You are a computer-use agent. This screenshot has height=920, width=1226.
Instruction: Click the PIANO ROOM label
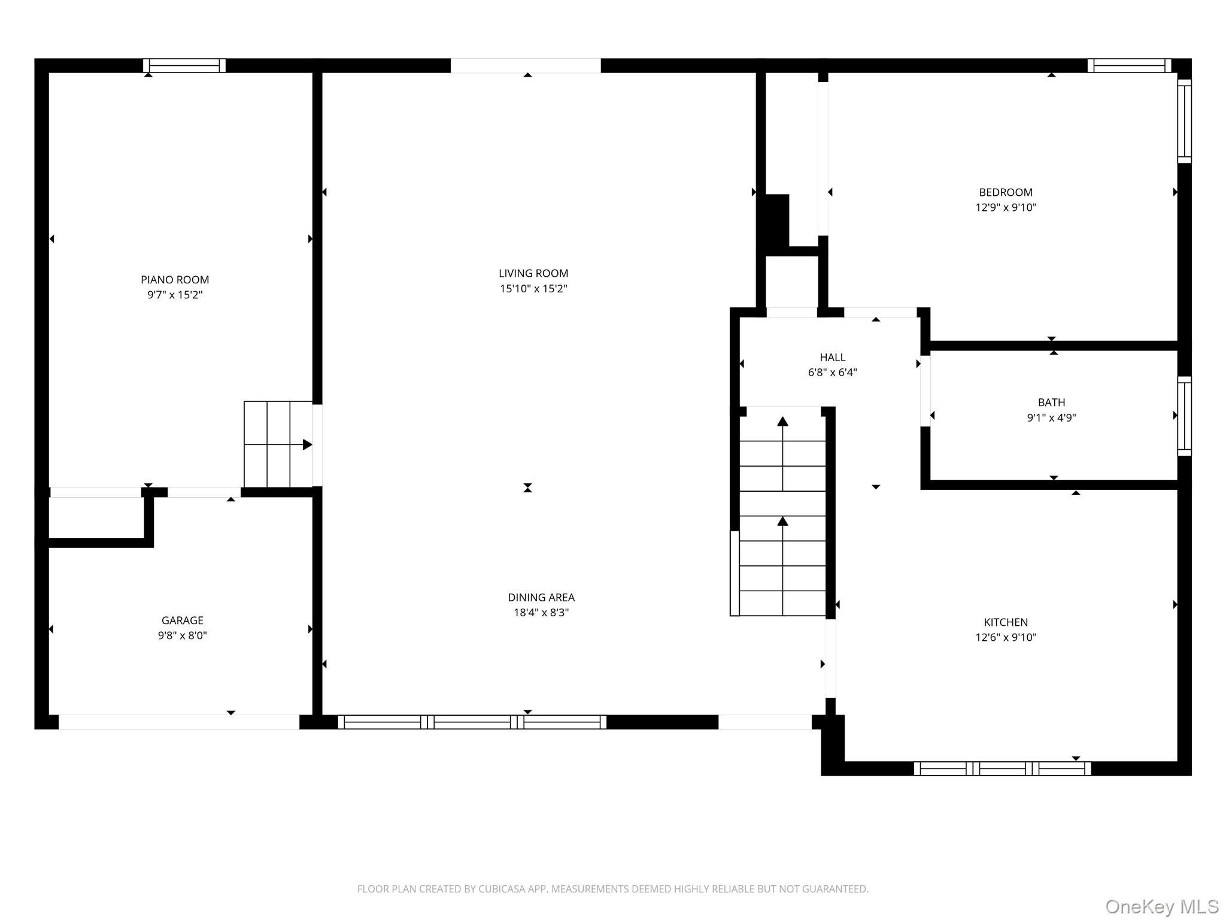tap(175, 280)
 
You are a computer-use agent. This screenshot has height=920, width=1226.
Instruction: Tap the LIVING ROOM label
tap(533, 274)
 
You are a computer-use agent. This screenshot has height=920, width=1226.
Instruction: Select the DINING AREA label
tap(541, 597)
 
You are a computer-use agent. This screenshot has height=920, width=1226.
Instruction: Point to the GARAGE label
tap(183, 621)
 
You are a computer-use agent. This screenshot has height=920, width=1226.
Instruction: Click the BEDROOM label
tap(1006, 192)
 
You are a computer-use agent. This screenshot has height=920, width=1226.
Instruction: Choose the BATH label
tap(1052, 402)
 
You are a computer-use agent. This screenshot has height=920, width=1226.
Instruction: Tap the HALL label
tap(833, 358)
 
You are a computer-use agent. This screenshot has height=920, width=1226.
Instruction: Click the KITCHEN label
tap(1006, 622)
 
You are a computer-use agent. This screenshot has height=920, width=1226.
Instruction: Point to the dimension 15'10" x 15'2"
tap(533, 289)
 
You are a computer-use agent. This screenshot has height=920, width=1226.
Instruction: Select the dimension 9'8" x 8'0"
tap(183, 635)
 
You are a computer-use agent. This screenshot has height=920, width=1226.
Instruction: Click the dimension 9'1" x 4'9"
tap(1052, 418)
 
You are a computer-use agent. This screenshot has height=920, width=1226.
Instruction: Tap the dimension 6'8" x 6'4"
tap(833, 373)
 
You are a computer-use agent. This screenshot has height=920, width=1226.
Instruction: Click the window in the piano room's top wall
tap(184, 65)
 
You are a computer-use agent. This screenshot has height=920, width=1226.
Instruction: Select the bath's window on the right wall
tap(1184, 416)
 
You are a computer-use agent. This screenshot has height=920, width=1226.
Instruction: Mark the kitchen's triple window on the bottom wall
tap(1002, 768)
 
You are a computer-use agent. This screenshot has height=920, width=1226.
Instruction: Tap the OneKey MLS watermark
tap(1161, 907)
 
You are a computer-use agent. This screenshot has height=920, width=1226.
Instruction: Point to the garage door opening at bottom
tap(179, 722)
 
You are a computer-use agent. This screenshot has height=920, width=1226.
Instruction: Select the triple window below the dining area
tap(472, 722)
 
